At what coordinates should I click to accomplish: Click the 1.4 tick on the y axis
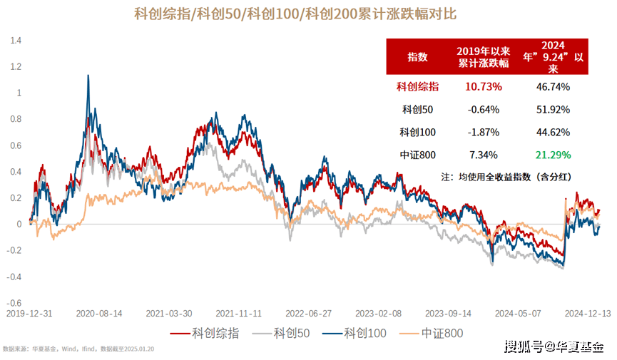click(16, 41)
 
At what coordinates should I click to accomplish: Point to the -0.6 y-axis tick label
click(14, 302)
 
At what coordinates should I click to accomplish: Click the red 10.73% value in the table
click(484, 87)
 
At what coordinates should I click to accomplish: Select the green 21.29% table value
click(552, 154)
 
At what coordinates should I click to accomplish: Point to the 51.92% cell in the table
click(552, 110)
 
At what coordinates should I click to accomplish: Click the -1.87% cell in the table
click(484, 132)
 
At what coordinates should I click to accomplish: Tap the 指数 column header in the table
click(417, 57)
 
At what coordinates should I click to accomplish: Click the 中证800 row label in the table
click(417, 154)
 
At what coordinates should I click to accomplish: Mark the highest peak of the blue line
click(88, 75)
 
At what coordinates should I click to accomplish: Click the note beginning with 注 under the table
click(509, 175)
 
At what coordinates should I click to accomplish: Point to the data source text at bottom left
click(79, 349)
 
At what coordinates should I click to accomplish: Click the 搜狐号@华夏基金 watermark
click(554, 347)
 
